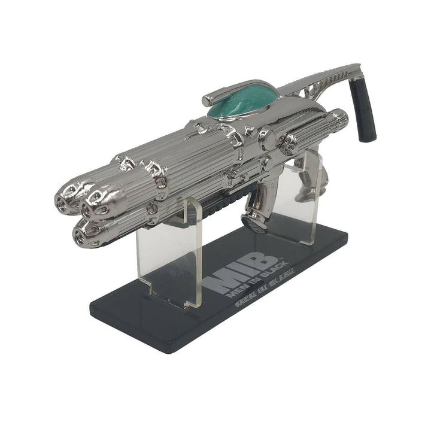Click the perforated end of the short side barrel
pos(290,142)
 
